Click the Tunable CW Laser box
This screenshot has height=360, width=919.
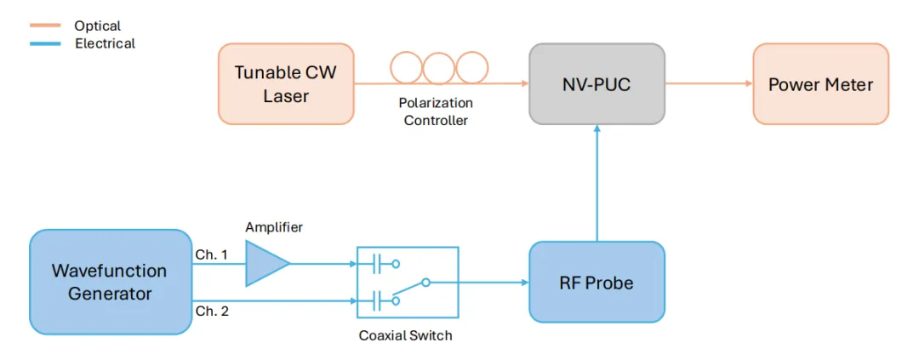286,84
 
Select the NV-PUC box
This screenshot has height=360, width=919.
596,84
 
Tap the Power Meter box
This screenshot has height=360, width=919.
820,84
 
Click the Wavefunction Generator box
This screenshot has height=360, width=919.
110,283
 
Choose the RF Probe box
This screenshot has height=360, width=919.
596,283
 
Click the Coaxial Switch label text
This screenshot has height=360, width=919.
405,335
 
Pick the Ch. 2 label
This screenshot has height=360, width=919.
213,311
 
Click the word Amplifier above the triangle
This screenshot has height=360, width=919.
274,227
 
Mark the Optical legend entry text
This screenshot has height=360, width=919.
98,26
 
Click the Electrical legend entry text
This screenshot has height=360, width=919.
105,43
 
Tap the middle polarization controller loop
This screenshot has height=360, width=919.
438,69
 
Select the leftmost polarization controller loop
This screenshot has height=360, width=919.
407,69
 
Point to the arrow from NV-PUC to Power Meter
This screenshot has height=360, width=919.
708,83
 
